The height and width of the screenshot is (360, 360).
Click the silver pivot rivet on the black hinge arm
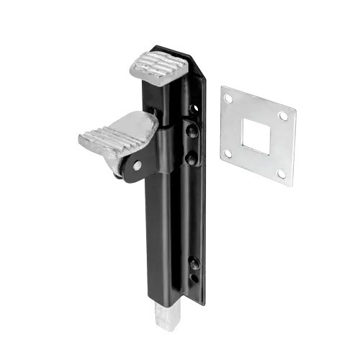[x=137, y=166]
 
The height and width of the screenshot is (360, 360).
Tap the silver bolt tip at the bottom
[x=163, y=318]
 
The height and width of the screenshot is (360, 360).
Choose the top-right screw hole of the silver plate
[x=283, y=116]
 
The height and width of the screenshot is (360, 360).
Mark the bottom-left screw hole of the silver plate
[x=228, y=153]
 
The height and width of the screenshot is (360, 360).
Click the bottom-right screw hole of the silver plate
[x=281, y=174]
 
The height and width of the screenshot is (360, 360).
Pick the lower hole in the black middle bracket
[x=190, y=154]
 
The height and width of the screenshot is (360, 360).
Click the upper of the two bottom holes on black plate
[x=195, y=262]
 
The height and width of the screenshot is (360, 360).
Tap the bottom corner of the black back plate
[x=202, y=302]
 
